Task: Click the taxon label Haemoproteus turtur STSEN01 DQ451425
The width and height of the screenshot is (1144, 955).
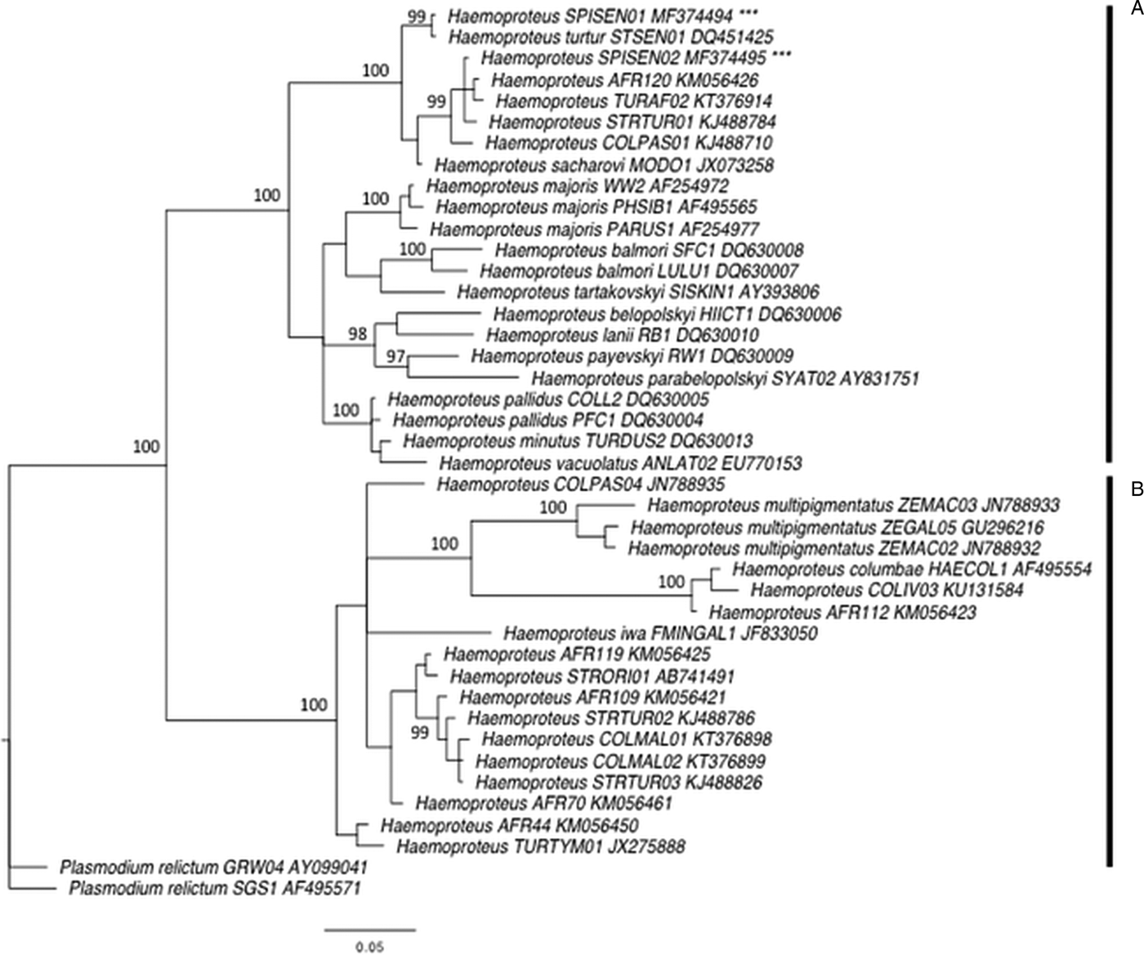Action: click(610, 37)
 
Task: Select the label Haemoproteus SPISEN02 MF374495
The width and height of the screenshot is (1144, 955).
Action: click(623, 58)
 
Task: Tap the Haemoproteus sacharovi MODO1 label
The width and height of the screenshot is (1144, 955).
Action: click(604, 165)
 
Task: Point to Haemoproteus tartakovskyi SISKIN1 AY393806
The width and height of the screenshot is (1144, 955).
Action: click(637, 292)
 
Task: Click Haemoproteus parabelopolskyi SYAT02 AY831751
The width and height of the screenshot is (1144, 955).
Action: click(725, 378)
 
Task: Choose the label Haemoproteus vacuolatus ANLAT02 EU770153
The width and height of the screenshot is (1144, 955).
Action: click(620, 463)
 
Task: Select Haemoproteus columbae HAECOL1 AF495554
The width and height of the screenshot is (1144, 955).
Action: click(911, 569)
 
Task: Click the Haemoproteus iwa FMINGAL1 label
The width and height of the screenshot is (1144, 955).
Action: click(660, 633)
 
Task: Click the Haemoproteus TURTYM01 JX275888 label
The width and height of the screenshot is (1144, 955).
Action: click(540, 846)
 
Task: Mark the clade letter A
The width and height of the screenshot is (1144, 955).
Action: click(1136, 9)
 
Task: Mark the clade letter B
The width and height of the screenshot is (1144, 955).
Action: click(1136, 489)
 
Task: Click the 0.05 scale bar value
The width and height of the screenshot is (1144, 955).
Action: click(369, 948)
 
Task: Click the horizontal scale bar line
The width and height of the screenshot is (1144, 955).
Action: click(369, 929)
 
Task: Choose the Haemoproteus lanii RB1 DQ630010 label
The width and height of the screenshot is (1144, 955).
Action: click(622, 335)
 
